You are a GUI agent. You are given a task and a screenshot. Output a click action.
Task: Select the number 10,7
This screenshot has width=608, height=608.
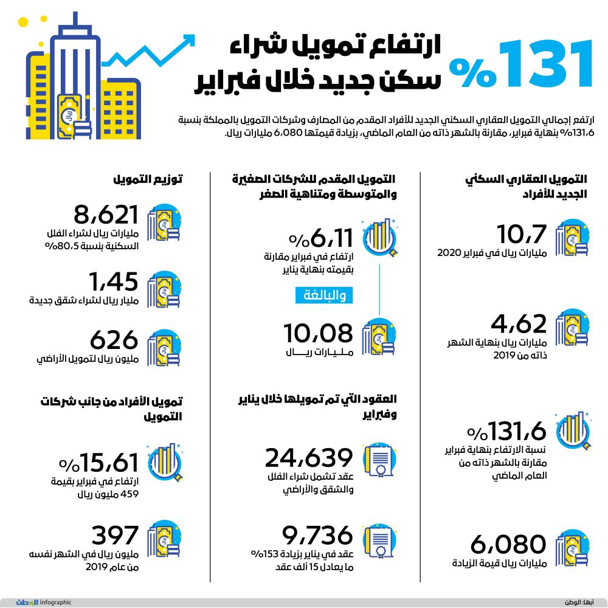(522, 233)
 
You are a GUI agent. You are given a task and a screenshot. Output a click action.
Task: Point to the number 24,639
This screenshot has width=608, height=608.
(309, 458)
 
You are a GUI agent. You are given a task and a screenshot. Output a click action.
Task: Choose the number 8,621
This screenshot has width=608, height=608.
(107, 215)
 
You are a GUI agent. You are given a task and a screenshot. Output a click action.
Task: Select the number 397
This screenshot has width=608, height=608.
(116, 535)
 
